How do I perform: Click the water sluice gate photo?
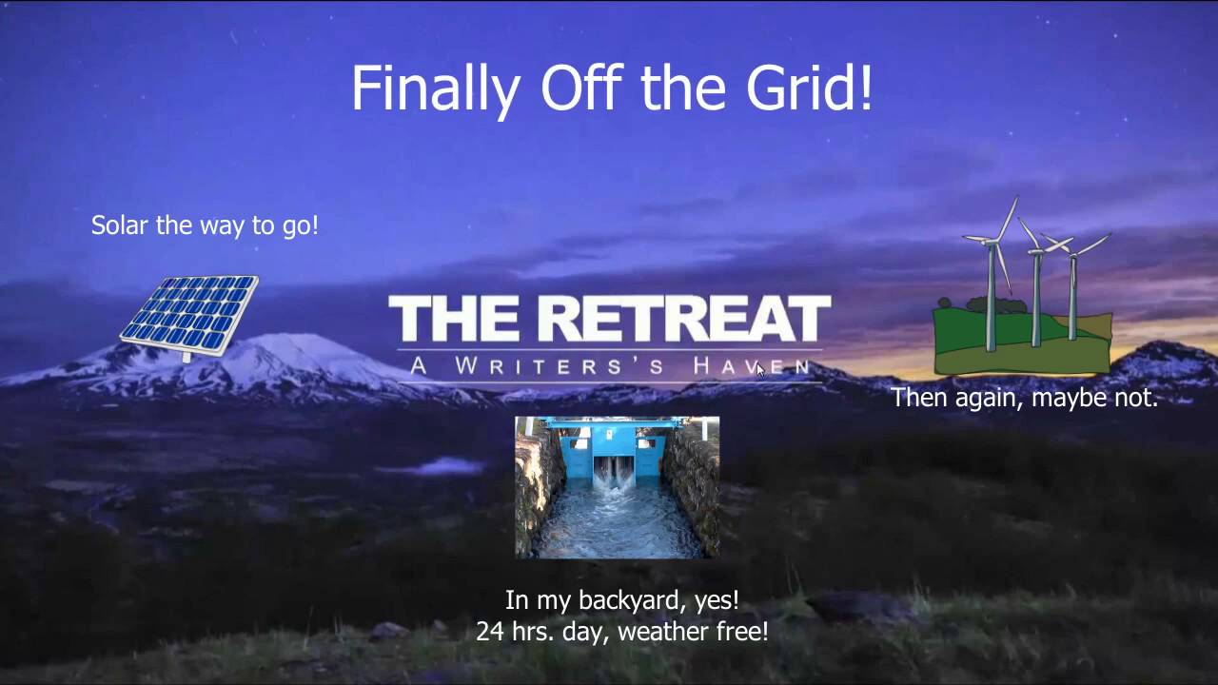point(617,486)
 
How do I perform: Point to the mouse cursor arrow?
point(760,369)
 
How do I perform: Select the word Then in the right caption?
point(917,398)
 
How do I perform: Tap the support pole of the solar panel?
point(187,357)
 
